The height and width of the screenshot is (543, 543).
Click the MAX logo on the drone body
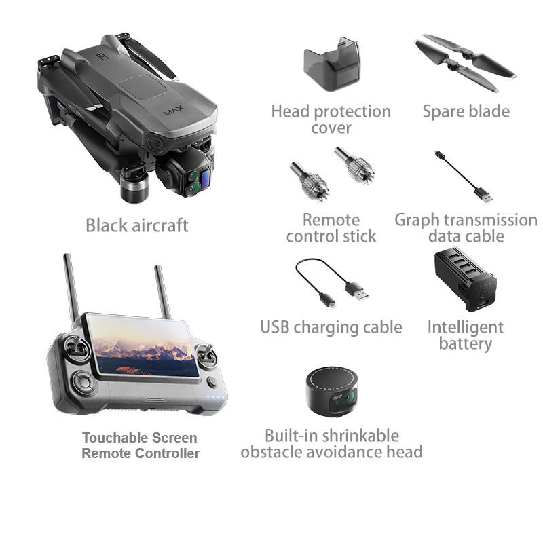coord(174,111)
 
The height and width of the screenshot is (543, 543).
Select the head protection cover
coord(331,64)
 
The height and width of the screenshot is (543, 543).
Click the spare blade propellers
coord(465,62)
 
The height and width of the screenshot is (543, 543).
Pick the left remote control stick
coord(309,181)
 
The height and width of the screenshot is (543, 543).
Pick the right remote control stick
coord(354,165)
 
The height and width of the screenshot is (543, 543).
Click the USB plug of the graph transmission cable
coord(485,195)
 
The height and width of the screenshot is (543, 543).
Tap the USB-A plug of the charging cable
coord(358,292)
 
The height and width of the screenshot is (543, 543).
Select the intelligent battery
coord(465,279)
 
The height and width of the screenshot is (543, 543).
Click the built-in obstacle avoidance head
coord(332,392)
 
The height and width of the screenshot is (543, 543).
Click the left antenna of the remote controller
coord(72,291)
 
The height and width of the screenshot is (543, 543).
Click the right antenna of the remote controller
coord(163,292)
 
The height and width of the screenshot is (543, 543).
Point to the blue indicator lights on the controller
coord(216,397)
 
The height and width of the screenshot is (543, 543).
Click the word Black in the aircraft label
coord(108,225)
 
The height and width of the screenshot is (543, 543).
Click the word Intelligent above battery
coord(466,328)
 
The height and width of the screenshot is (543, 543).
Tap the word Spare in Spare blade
coord(443,112)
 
